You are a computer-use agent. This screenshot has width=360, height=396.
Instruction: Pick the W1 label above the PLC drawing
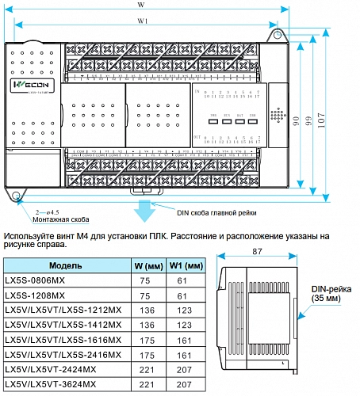pyautogui.click(x=142, y=21)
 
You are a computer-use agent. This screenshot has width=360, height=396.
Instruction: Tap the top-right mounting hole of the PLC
pyautogui.click(x=278, y=34)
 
